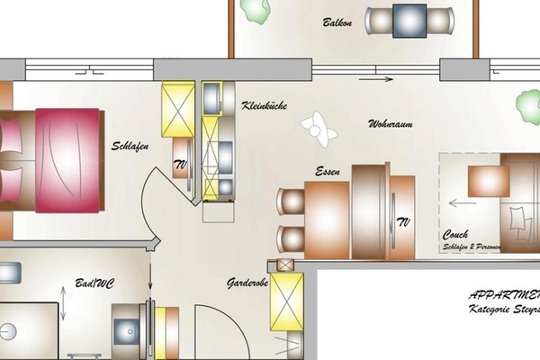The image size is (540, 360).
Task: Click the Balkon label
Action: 337,22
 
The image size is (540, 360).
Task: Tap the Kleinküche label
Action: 265,106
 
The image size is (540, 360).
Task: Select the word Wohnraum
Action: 390,123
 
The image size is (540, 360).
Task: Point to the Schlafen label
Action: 130,146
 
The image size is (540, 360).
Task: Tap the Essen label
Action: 326,171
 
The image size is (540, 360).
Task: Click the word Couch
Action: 455,235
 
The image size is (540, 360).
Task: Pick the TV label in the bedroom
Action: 179,165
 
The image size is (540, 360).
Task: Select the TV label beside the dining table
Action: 403,221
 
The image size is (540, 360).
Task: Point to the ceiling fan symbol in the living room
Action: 319,127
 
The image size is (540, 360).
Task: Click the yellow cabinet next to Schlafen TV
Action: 178,109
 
